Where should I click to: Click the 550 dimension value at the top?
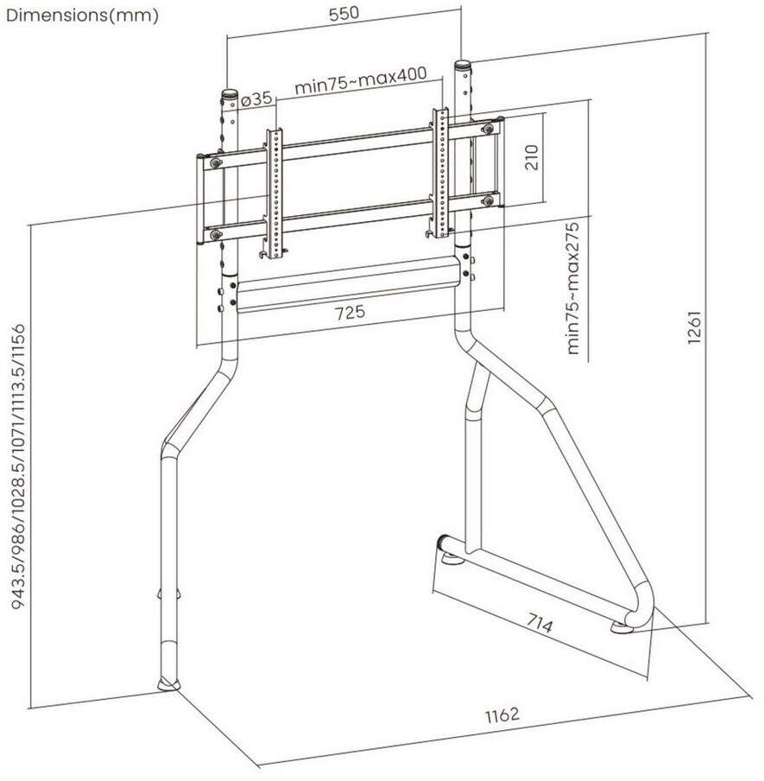[344, 16]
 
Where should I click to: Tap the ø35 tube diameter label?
[256, 99]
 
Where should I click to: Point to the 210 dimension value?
[532, 158]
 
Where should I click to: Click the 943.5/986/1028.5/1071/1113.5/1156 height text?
[21, 467]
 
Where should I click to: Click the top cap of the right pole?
[464, 64]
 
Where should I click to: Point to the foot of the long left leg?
[168, 685]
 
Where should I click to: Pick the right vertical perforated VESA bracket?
[440, 173]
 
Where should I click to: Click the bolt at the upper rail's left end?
[215, 161]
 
